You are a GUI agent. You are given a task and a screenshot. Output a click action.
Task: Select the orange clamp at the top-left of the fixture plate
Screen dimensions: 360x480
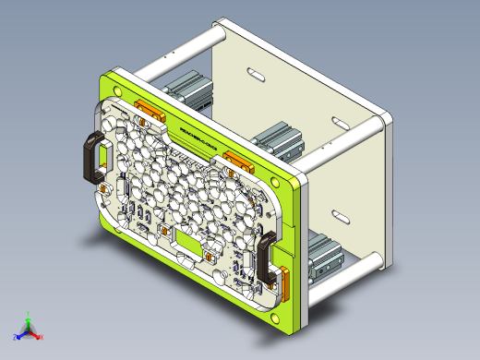(149, 111)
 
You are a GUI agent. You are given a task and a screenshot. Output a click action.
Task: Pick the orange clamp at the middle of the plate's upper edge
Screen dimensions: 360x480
(236, 162)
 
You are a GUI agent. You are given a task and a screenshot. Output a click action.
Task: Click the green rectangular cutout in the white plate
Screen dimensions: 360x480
(189, 243)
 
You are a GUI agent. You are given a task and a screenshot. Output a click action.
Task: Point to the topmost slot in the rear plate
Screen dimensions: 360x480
(253, 71)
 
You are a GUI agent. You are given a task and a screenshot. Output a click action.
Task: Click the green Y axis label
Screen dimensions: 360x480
(29, 313)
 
